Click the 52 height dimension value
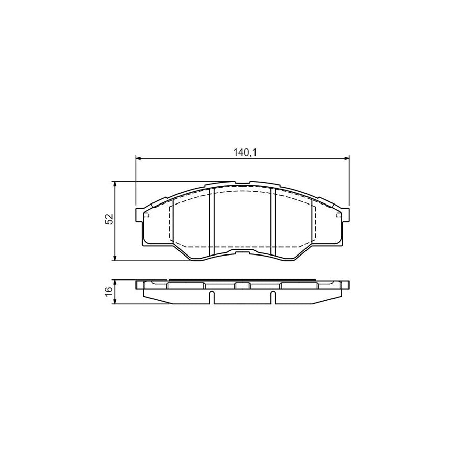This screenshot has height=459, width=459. pyautogui.click(x=109, y=220)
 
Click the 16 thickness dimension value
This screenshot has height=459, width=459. pyautogui.click(x=109, y=291)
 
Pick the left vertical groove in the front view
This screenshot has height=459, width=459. pyautogui.click(x=212, y=222)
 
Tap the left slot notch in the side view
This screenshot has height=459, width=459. pyautogui.click(x=212, y=297)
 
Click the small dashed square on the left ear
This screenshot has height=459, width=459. pyautogui.click(x=146, y=215)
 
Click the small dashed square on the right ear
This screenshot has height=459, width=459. pyautogui.click(x=338, y=215)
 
